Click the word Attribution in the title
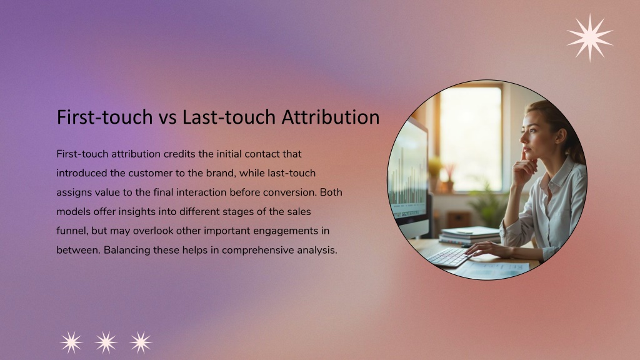click(331, 117)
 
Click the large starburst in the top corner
click(590, 37)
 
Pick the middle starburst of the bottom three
click(106, 342)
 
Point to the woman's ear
click(561, 136)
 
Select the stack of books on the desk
click(469, 236)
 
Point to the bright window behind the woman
click(471, 139)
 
